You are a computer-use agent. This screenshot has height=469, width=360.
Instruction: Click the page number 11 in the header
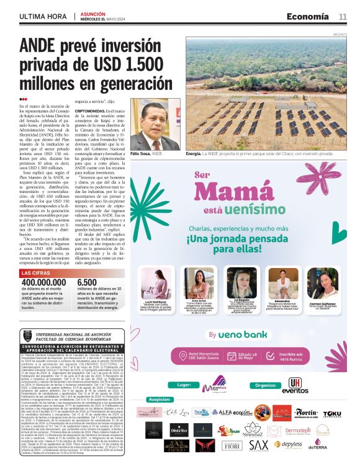click(x=343, y=16)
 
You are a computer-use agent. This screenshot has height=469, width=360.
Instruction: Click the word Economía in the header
click(x=309, y=16)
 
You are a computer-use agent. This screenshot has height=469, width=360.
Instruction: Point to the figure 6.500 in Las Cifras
click(x=87, y=284)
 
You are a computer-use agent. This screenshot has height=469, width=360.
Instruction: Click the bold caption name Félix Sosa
click(x=141, y=153)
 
